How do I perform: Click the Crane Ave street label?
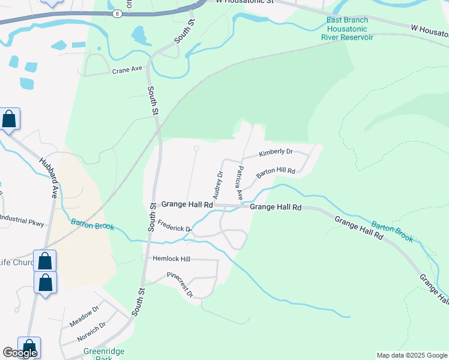[x=127, y=70]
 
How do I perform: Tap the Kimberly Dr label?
[x=276, y=153]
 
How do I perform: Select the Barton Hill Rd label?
[x=276, y=173]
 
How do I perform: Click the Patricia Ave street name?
[x=240, y=183]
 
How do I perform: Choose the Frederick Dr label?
[x=174, y=229]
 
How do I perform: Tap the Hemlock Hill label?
[x=172, y=258]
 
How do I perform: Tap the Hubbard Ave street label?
[x=49, y=178]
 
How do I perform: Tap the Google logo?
[x=20, y=353]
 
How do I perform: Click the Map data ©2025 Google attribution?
[x=411, y=355]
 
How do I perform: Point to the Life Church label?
[x=17, y=262]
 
